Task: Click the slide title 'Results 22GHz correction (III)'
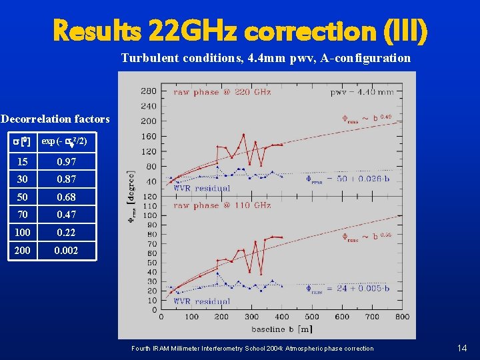[239, 29]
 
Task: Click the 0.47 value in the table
[66, 215]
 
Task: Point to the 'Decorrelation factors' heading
[55, 119]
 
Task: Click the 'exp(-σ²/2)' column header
[64, 141]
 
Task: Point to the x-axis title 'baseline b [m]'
[281, 328]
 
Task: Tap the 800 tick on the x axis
[402, 317]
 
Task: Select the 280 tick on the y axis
[149, 91]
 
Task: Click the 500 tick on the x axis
[311, 317]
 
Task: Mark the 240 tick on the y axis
[149, 106]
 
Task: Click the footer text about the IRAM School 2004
[253, 349]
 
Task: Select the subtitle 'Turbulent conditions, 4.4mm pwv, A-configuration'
[265, 58]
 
